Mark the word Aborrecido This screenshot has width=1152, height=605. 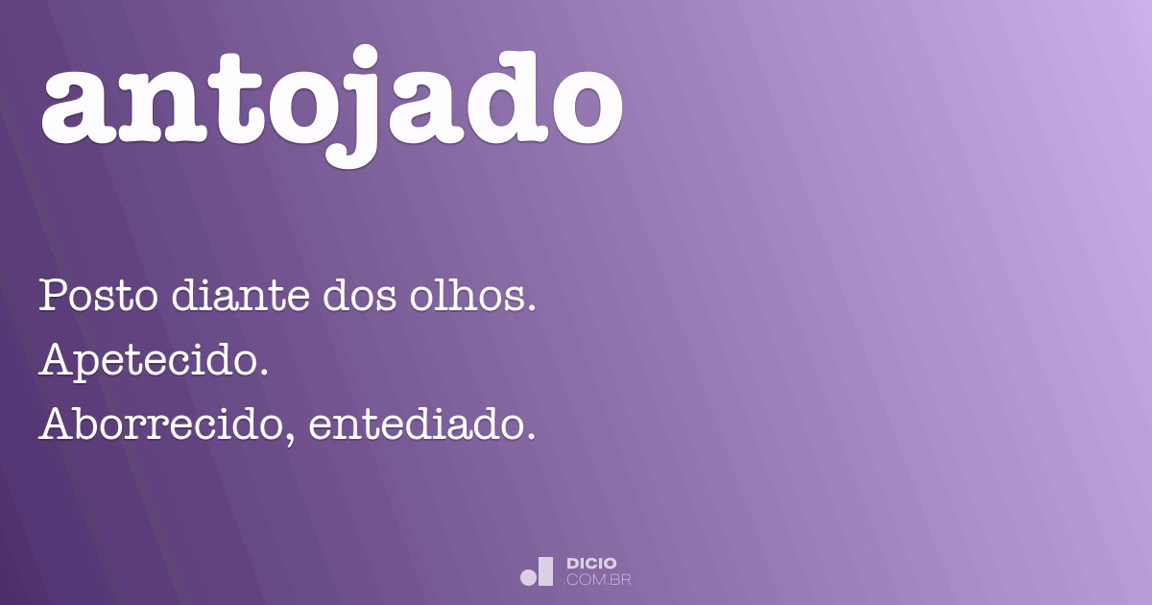click(x=163, y=424)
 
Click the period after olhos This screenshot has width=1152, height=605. click(x=528, y=307)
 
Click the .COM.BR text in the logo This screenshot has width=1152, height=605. click(x=598, y=580)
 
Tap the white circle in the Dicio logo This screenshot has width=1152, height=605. click(x=529, y=577)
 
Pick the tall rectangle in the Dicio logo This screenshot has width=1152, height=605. click(x=546, y=571)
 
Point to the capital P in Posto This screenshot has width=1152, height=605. click(x=52, y=296)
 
